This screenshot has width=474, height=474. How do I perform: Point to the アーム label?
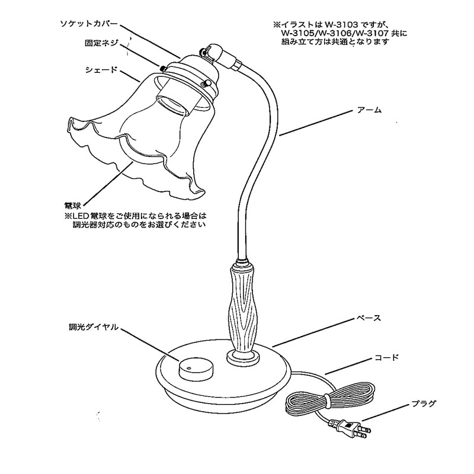click(x=369, y=110)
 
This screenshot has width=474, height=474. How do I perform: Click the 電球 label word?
click(x=72, y=204)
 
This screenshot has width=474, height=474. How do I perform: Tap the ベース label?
click(x=369, y=318)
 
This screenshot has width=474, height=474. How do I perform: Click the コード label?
click(x=386, y=358)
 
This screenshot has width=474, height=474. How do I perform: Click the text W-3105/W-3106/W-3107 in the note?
click(x=335, y=34)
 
